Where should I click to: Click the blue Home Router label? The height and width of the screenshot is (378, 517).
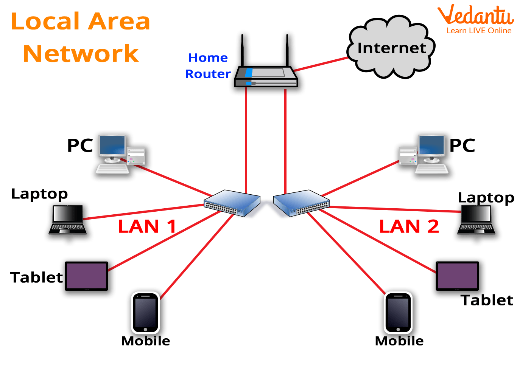click(x=208, y=66)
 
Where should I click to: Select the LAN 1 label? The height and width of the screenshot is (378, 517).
click(x=147, y=226)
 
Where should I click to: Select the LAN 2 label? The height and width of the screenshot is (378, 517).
click(x=409, y=226)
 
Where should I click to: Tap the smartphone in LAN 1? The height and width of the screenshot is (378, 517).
click(x=145, y=313)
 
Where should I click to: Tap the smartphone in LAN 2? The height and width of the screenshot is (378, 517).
click(x=398, y=313)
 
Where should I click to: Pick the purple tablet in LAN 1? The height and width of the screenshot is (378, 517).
click(x=86, y=276)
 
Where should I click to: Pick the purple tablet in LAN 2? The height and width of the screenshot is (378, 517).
click(x=457, y=276)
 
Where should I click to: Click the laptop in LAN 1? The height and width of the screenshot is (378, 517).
click(x=67, y=219)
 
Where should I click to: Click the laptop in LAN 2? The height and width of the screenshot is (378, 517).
click(x=476, y=219)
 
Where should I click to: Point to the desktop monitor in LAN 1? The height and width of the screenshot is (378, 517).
click(x=112, y=146)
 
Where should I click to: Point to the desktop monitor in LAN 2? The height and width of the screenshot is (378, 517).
click(x=431, y=146)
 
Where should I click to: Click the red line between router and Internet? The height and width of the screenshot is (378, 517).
click(x=321, y=64)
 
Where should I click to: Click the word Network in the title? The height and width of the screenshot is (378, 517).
click(x=81, y=54)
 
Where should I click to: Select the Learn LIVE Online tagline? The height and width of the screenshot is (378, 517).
click(x=479, y=31)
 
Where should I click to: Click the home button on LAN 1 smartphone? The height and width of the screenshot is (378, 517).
click(x=145, y=330)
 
